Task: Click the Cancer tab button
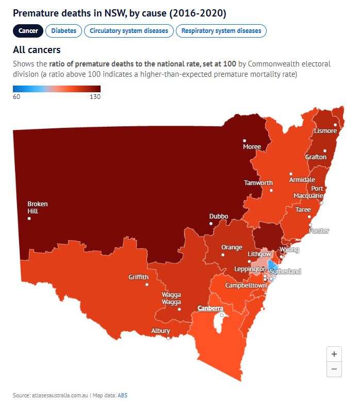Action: tap(28, 31)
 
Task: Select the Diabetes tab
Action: tap(63, 31)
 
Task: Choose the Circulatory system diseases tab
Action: tap(128, 31)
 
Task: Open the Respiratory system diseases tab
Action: tap(221, 31)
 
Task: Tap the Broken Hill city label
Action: tap(37, 207)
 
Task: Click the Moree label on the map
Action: tap(252, 147)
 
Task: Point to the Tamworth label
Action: tap(258, 183)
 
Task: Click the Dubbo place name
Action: tap(219, 216)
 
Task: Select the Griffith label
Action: tap(138, 277)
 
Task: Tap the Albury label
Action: tap(160, 331)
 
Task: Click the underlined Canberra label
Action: tap(210, 308)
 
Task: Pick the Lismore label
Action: tap(325, 131)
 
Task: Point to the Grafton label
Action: tap(316, 157)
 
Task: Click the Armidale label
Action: tap(302, 180)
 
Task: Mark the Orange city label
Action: tap(232, 247)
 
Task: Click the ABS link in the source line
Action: tap(122, 395)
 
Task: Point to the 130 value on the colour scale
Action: tap(94, 96)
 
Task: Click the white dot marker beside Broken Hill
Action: tap(29, 219)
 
